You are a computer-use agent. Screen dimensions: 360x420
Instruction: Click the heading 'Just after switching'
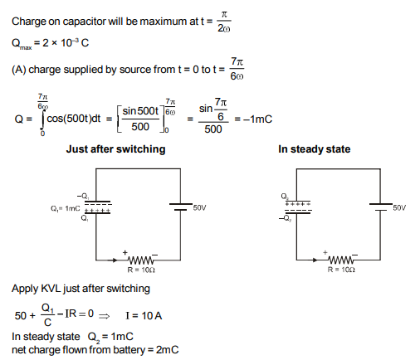115,149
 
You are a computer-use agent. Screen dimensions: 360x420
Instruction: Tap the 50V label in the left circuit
200,207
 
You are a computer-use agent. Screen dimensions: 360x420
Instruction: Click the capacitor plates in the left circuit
98,207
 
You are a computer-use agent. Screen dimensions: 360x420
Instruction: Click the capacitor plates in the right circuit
298,207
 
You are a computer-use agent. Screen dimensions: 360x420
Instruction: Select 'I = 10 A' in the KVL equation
144,315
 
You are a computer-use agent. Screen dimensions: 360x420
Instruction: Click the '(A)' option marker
19,70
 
